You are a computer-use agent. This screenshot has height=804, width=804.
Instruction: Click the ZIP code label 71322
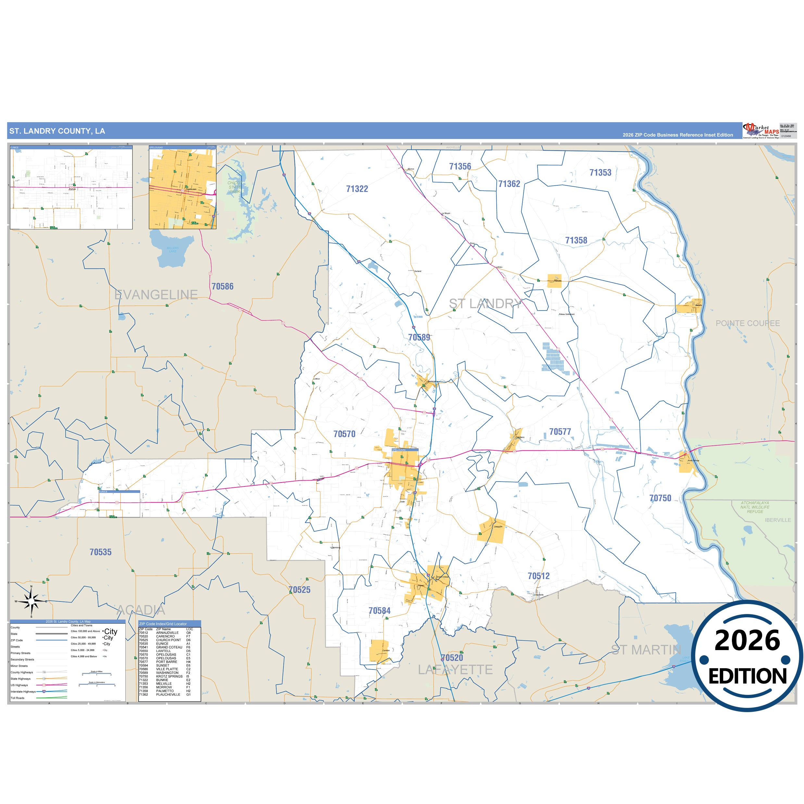tap(357, 189)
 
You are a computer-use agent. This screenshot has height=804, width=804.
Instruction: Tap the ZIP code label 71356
tap(460, 167)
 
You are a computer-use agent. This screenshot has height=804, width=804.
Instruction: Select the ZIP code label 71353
tap(600, 173)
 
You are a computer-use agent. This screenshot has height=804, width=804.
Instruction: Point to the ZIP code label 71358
tap(576, 241)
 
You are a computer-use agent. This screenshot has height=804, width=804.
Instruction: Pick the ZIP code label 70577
tap(560, 432)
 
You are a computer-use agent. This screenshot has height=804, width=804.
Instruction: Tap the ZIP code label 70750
tap(660, 498)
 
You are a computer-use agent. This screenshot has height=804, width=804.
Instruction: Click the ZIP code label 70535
tap(101, 552)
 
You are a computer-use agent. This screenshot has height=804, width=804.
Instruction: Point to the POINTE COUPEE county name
tap(747, 323)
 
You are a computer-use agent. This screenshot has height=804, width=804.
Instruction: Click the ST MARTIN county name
tap(646, 650)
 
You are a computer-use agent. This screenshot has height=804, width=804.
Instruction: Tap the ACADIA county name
tap(141, 610)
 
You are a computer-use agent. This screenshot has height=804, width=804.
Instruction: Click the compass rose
tap(31, 601)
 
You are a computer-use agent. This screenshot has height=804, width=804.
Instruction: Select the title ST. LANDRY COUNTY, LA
tap(57, 131)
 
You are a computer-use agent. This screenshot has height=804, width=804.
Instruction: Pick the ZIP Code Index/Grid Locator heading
tap(163, 624)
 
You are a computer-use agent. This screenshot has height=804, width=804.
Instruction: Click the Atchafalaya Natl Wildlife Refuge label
tap(755, 507)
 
